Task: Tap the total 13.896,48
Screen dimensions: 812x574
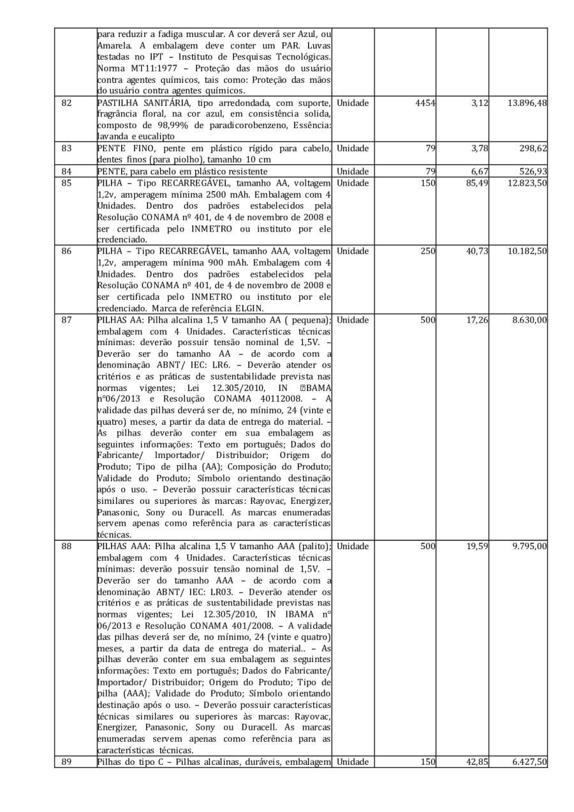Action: [x=526, y=103]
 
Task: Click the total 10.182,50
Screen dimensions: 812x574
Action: [x=526, y=252]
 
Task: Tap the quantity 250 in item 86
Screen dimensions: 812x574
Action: [x=427, y=252]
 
